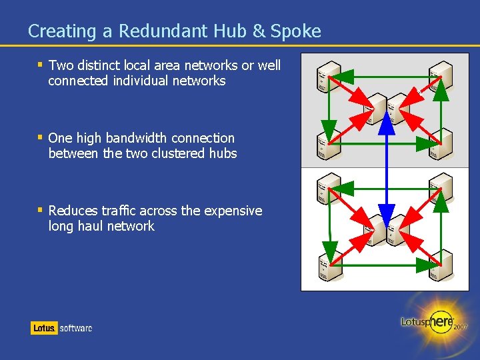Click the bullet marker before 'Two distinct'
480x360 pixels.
(41, 65)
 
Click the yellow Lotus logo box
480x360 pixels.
(44, 327)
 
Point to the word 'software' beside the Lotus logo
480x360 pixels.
(76, 328)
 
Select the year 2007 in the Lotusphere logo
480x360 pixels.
(460, 327)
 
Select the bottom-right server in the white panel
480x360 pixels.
(440, 262)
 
